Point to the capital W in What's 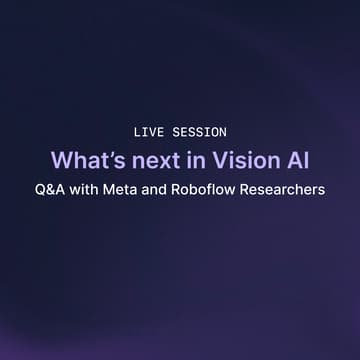click(61, 159)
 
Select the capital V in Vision click(209, 159)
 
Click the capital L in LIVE click(137, 132)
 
